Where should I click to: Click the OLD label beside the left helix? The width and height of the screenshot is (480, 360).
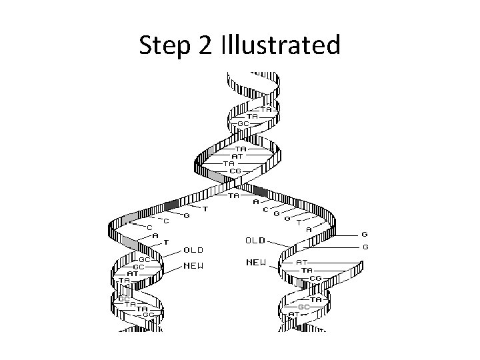[193, 251]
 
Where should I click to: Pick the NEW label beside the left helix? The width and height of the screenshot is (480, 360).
[193, 266]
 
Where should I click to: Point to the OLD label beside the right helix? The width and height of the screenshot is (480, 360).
[255, 239]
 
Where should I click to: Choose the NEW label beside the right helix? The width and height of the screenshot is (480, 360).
[255, 263]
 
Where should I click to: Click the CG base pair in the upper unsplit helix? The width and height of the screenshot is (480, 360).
[235, 171]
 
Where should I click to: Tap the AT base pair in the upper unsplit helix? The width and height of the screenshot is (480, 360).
[237, 156]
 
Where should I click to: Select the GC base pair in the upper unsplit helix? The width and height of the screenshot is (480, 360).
[243, 123]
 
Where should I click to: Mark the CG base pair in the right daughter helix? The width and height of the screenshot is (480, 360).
[316, 278]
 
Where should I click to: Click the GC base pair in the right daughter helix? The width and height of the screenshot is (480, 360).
[303, 307]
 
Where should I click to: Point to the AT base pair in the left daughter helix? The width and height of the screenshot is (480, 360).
[132, 273]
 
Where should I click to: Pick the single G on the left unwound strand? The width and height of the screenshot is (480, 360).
[187, 215]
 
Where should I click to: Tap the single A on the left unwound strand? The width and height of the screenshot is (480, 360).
[155, 234]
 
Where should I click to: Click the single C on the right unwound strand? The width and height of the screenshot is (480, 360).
[265, 209]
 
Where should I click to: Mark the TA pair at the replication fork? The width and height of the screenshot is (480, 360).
[234, 195]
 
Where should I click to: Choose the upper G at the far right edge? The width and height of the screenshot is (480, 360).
[364, 235]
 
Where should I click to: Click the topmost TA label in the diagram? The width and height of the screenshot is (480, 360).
[265, 109]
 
